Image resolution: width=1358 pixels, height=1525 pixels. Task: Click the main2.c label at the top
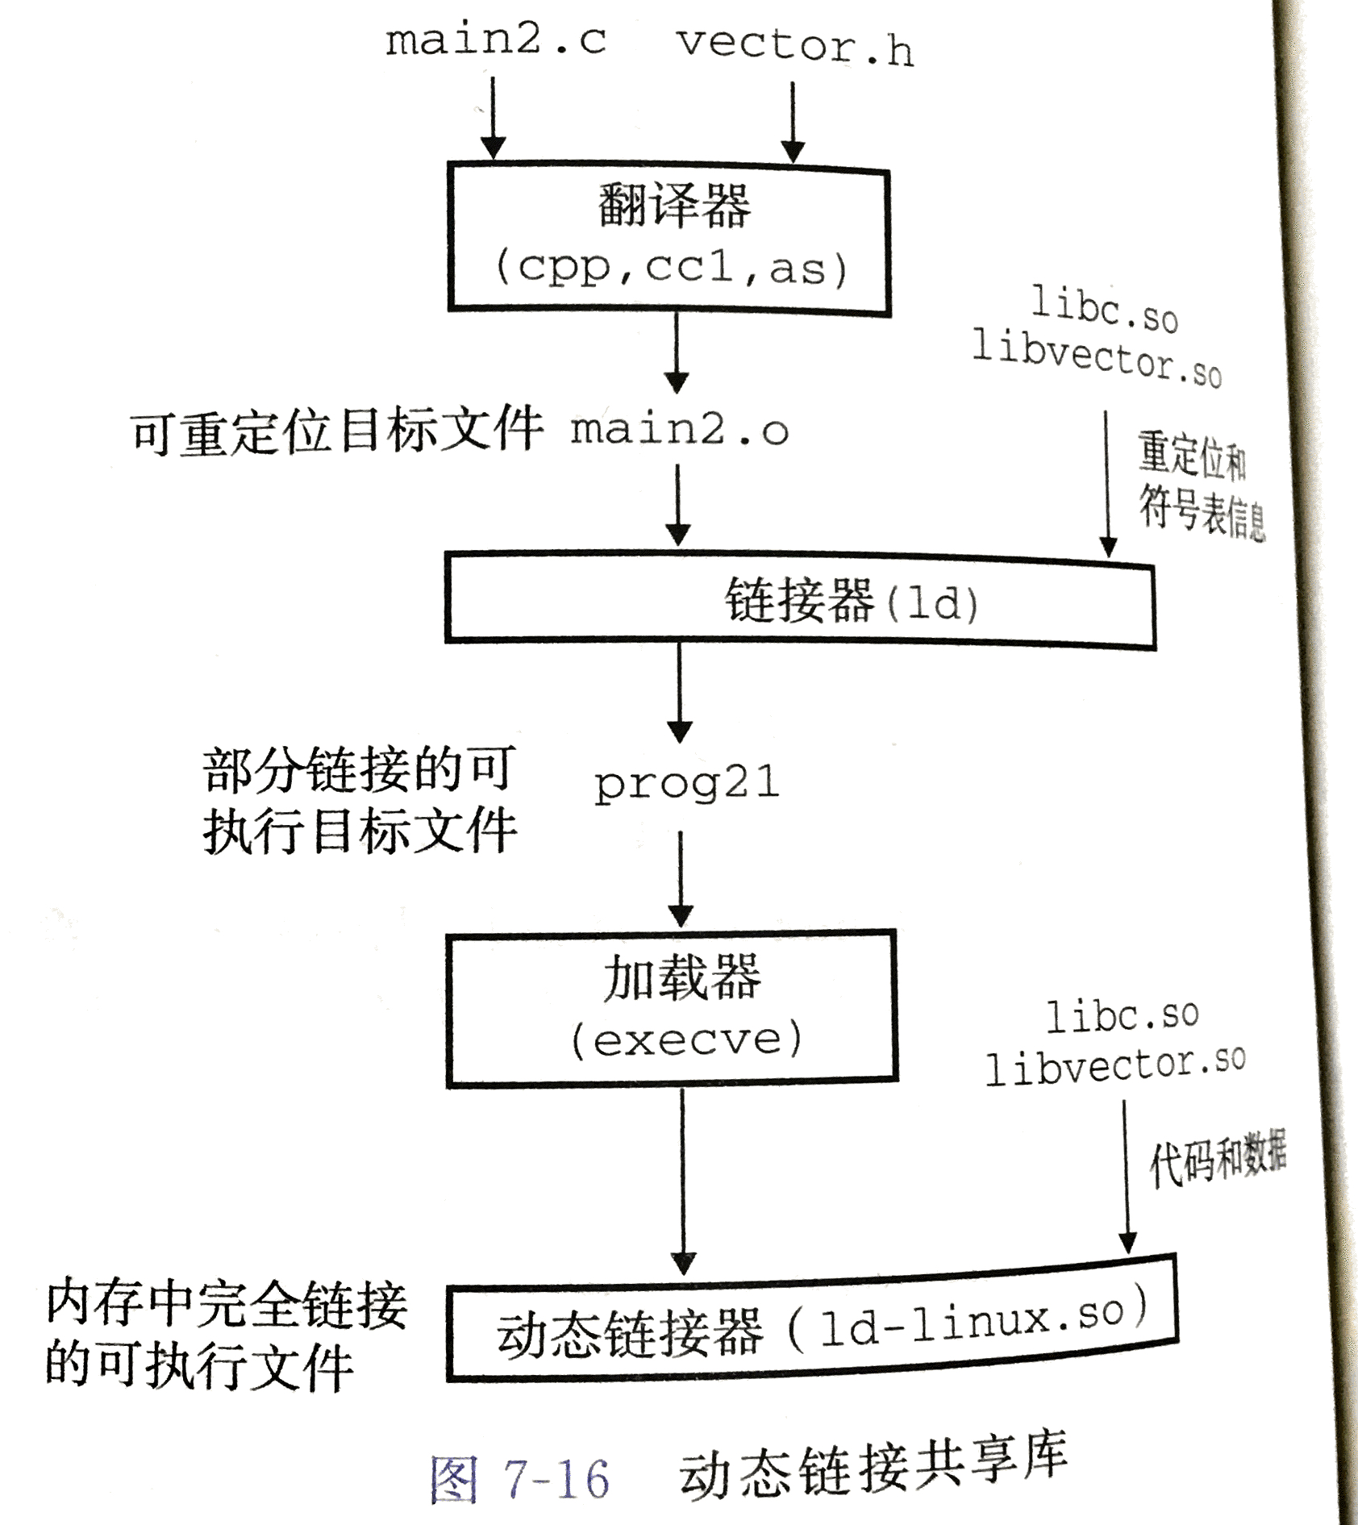point(495,40)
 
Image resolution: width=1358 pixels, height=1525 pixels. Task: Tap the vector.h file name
point(795,47)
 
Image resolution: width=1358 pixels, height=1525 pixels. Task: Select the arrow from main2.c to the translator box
point(493,118)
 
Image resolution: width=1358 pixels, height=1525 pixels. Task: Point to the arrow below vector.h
point(793,122)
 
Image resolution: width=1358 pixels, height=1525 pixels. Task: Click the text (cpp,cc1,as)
point(671,268)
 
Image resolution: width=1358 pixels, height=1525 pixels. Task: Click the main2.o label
point(680,430)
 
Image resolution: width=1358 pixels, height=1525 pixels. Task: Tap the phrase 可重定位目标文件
point(337,431)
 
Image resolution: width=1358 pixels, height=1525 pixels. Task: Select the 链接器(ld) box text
point(852,601)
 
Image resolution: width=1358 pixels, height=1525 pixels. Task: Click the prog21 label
point(687,784)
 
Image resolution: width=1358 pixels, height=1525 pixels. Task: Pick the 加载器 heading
point(682,977)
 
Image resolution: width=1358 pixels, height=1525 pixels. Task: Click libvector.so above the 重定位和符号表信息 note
point(1097,358)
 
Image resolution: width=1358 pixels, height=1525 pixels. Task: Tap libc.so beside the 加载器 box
point(1123,1015)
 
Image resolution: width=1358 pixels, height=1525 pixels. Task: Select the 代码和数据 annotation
point(1218,1159)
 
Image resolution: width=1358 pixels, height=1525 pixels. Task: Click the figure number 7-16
point(556,1479)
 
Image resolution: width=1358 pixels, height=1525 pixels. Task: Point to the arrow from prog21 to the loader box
point(681,879)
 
